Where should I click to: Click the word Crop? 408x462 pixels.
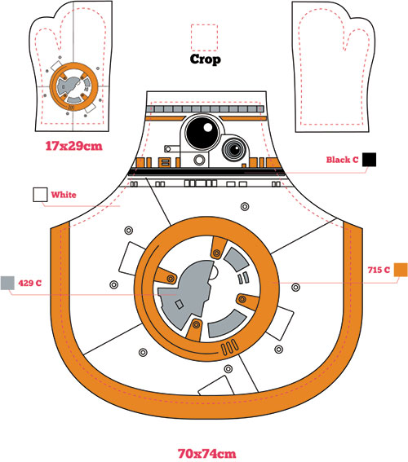click(205, 59)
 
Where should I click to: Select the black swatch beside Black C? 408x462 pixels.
click(369, 160)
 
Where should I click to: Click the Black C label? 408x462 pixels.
click(342, 160)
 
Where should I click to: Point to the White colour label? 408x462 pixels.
click(64, 195)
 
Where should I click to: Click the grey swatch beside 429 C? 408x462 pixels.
click(7, 283)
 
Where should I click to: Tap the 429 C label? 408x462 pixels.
click(30, 284)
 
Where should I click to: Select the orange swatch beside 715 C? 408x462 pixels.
click(401, 270)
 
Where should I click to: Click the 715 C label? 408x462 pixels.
click(379, 270)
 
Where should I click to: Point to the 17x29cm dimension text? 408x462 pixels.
click(73, 146)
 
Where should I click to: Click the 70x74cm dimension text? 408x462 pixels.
click(206, 454)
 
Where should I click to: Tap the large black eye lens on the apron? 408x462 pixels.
click(202, 131)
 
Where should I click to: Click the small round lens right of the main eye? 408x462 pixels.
click(235, 150)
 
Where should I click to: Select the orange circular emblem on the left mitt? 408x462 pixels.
click(73, 86)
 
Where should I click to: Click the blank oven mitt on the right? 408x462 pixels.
click(334, 66)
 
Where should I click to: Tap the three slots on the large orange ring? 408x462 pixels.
click(230, 347)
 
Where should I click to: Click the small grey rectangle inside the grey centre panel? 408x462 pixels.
click(180, 304)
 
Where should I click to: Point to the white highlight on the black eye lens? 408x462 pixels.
click(208, 127)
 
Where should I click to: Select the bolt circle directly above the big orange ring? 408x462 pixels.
click(245, 206)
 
